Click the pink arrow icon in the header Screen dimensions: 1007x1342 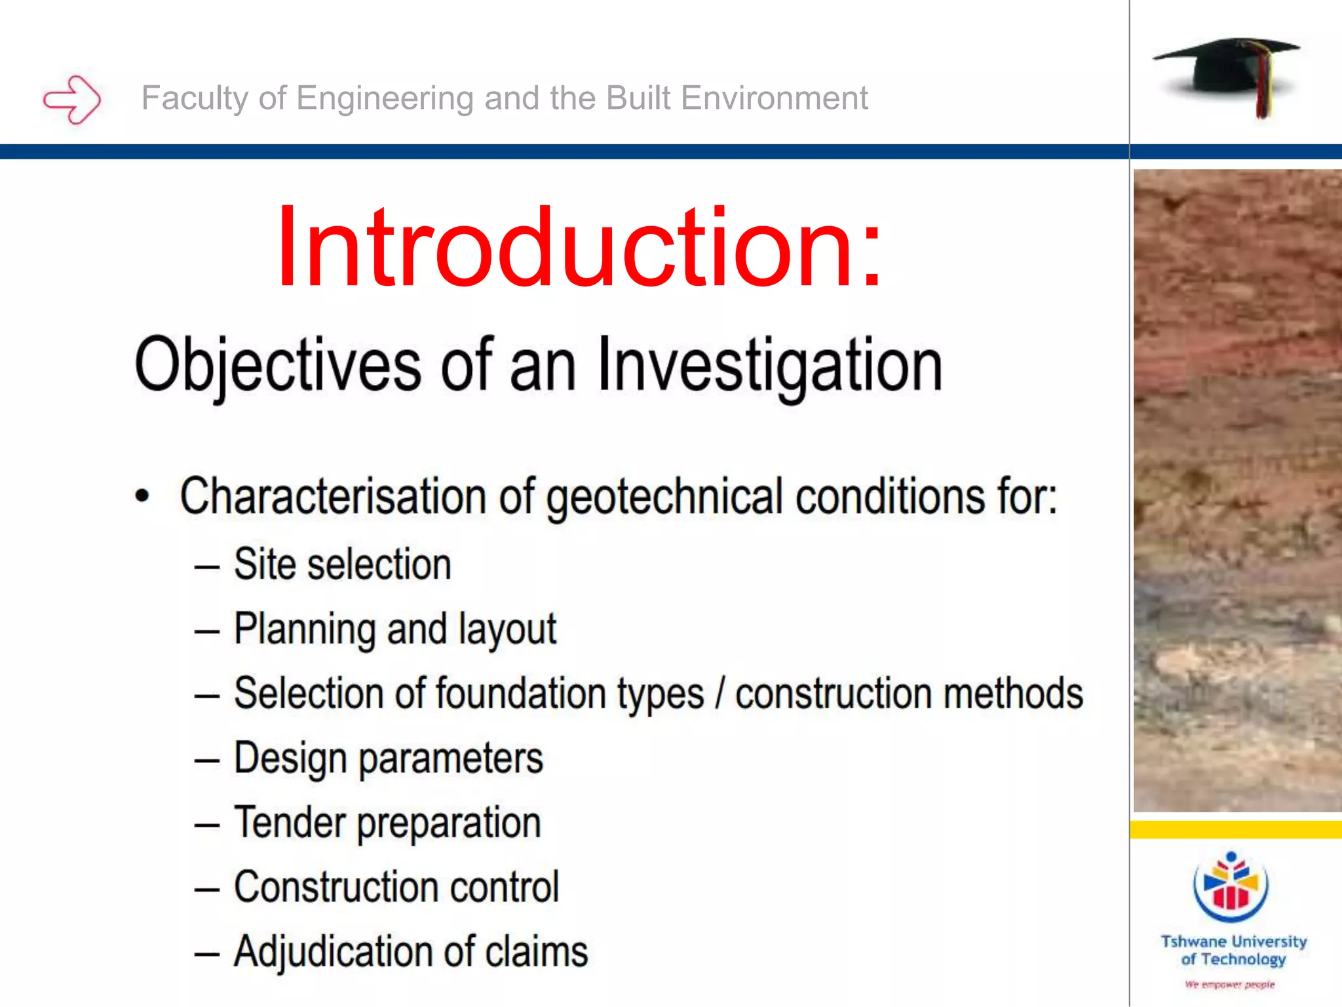(72, 100)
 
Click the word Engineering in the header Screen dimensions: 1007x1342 (385, 98)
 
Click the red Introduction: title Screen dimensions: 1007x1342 (579, 247)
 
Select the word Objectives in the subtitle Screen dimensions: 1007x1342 (278, 365)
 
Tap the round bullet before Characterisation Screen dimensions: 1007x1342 (142, 496)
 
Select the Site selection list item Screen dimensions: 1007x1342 (342, 564)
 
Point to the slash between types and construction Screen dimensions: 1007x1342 (719, 694)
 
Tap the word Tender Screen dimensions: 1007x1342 (290, 822)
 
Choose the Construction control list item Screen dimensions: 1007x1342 (396, 887)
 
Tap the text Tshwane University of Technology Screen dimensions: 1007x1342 (1233, 950)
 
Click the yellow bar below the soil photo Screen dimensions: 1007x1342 (1235, 829)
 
